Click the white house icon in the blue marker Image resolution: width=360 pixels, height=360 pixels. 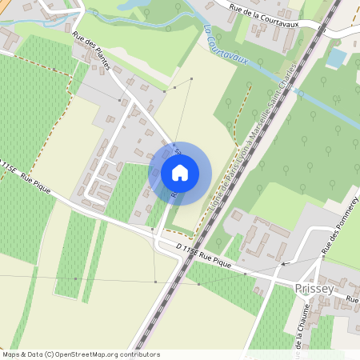click(x=179, y=172)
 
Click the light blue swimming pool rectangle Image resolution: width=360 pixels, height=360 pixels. click(x=337, y=58)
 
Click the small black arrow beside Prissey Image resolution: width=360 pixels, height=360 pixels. click(x=282, y=262)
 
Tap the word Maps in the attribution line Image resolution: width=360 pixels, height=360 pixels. click(x=11, y=354)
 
